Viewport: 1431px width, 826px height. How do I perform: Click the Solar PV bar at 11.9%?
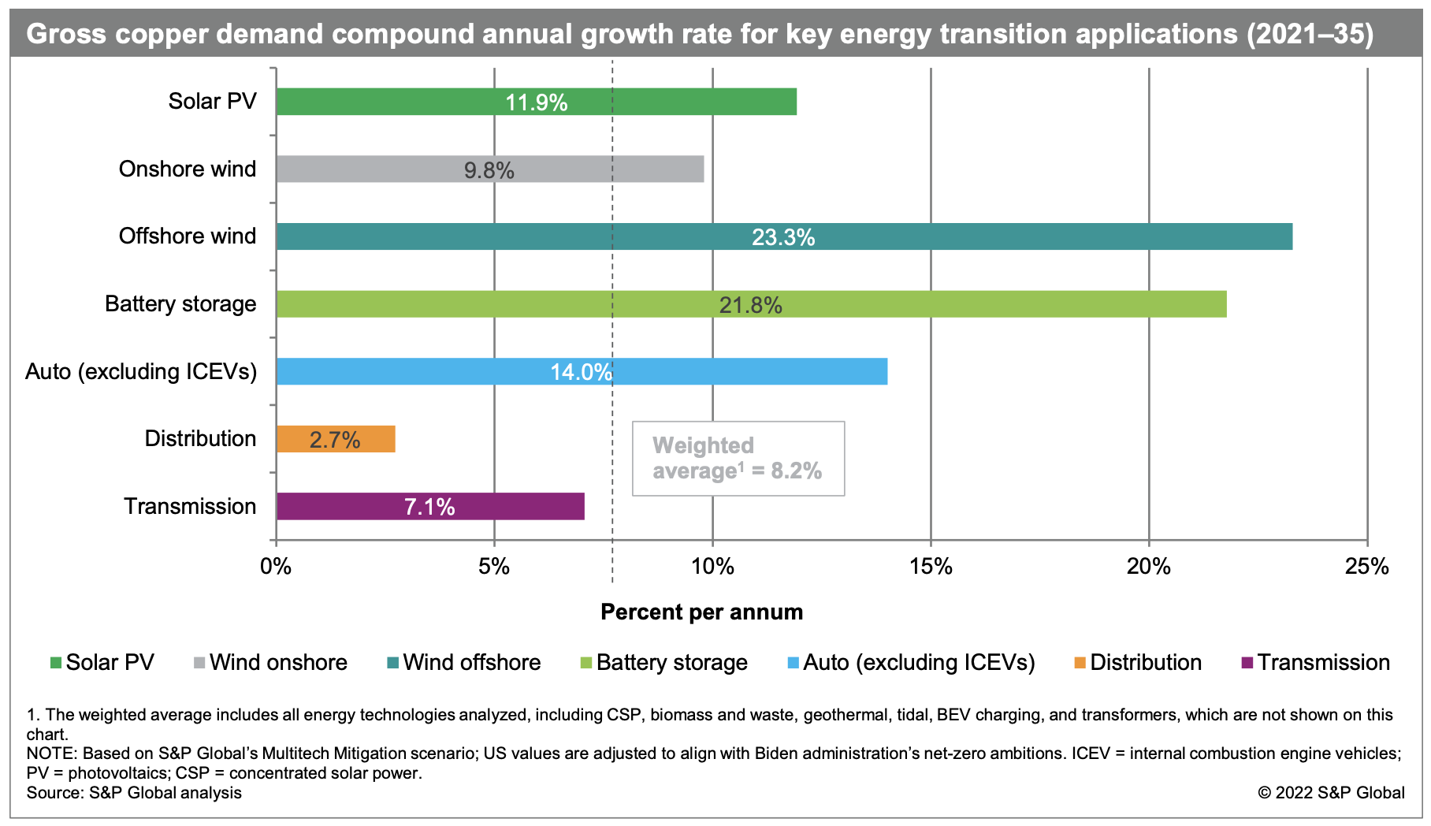[x=536, y=102]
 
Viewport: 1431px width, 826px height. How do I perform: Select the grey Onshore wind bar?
[x=489, y=169]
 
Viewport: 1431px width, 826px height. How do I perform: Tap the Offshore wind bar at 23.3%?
[x=783, y=236]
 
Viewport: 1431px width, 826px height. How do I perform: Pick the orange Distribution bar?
[x=336, y=439]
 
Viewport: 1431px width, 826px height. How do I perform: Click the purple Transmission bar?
[x=429, y=507]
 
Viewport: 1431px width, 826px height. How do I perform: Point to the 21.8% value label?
[x=750, y=305]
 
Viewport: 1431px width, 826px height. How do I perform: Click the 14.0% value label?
[x=581, y=372]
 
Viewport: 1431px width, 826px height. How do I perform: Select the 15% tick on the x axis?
[x=931, y=566]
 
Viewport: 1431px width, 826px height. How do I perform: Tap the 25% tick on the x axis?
[x=1367, y=566]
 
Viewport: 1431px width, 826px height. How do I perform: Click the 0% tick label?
[x=276, y=566]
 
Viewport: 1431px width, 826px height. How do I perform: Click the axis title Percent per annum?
[x=701, y=612]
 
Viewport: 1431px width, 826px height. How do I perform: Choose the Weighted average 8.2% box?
[x=738, y=459]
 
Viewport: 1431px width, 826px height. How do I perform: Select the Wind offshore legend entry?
[x=464, y=662]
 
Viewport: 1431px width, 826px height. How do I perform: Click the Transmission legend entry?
[x=1315, y=662]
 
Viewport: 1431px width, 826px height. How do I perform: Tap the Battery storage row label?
[x=180, y=304]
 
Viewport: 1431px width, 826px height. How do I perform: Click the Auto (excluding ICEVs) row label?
[x=141, y=371]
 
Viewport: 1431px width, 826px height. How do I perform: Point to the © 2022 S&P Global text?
[x=1331, y=793]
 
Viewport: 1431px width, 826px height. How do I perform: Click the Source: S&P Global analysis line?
[x=134, y=793]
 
